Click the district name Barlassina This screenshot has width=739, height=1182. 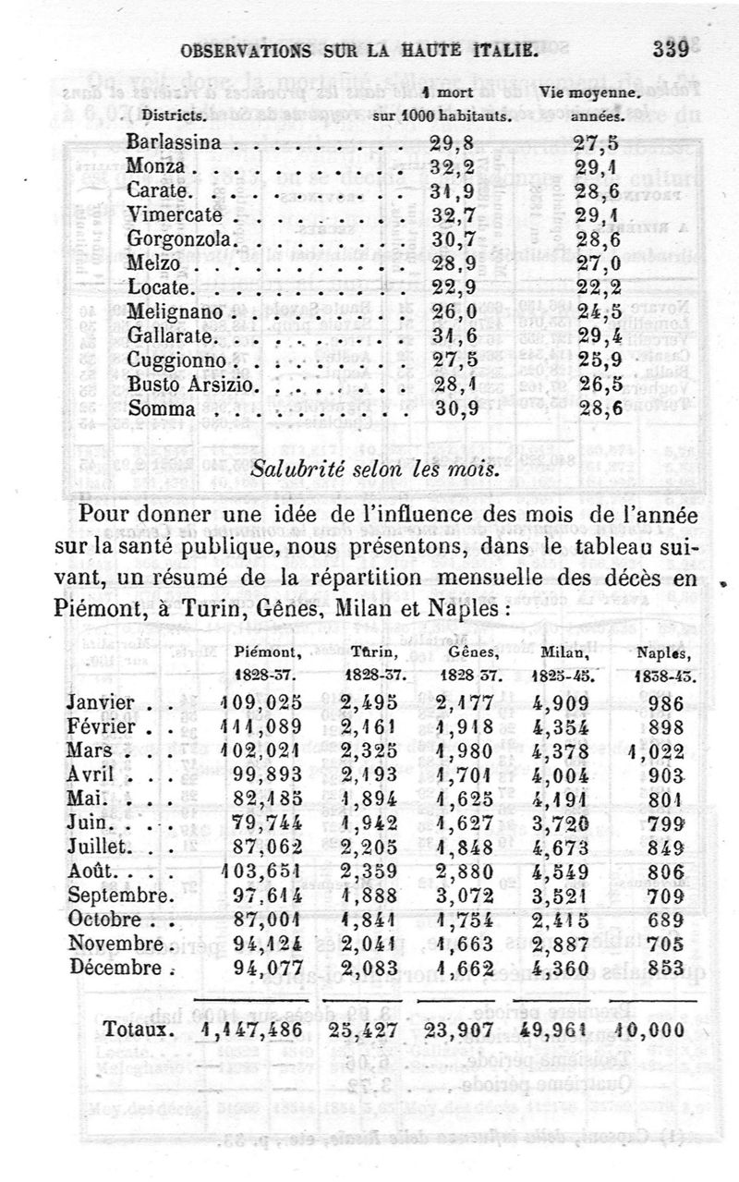coord(175,142)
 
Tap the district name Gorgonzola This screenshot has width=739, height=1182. coord(184,238)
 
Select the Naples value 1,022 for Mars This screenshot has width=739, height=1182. coord(660,751)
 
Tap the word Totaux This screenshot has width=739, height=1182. coord(135,1030)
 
